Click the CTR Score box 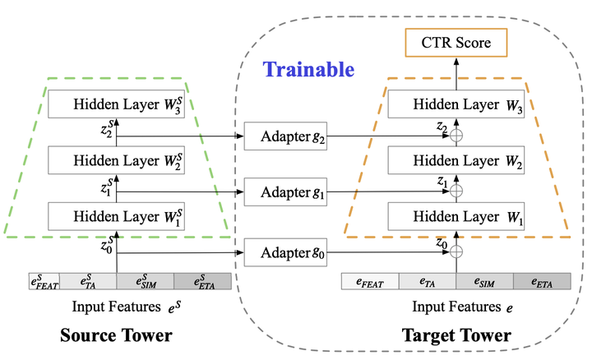tap(456, 43)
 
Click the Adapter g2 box tap(286, 135)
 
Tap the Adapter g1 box tap(286, 192)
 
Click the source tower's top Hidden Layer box tap(117, 105)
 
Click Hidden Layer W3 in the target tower tap(456, 105)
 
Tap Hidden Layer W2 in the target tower tap(456, 162)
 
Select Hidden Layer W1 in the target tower tap(456, 219)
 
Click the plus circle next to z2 tap(457, 135)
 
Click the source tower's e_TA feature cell tap(87, 282)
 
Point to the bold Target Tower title tap(456, 336)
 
